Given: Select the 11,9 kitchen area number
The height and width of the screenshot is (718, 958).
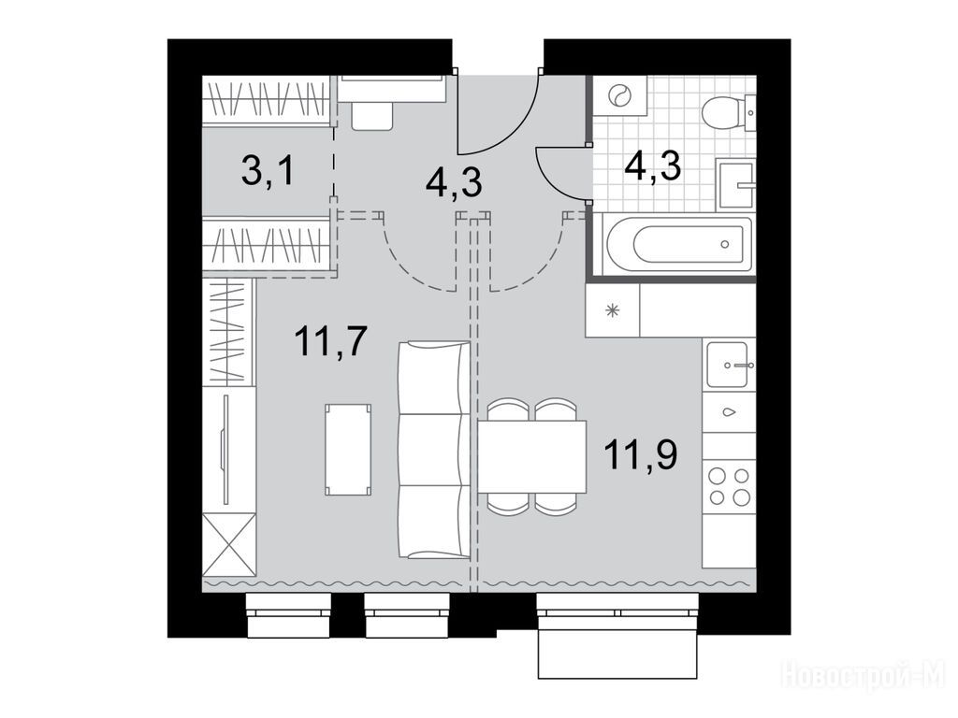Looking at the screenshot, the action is pyautogui.click(x=641, y=454).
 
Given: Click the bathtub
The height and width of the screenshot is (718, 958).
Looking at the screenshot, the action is pyautogui.click(x=677, y=244).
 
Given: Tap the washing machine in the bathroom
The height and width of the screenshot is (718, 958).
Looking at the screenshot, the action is pyautogui.click(x=618, y=95).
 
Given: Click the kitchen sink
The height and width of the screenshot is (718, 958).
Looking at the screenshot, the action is pyautogui.click(x=728, y=366).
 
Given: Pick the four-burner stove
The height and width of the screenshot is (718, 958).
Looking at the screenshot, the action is pyautogui.click(x=729, y=486).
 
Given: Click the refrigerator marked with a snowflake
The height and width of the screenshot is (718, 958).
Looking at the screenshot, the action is pyautogui.click(x=612, y=310).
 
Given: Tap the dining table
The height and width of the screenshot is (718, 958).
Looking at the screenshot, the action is pyautogui.click(x=531, y=456).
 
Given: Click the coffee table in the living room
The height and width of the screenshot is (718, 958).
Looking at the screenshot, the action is pyautogui.click(x=348, y=450).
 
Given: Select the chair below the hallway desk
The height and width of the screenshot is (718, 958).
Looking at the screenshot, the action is pyautogui.click(x=371, y=115).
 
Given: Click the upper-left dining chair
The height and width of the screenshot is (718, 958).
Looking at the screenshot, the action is pyautogui.click(x=508, y=409).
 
